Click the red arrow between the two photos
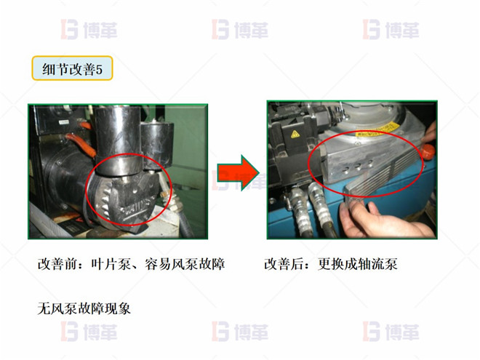click(x=239, y=172)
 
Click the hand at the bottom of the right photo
click(x=379, y=223)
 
